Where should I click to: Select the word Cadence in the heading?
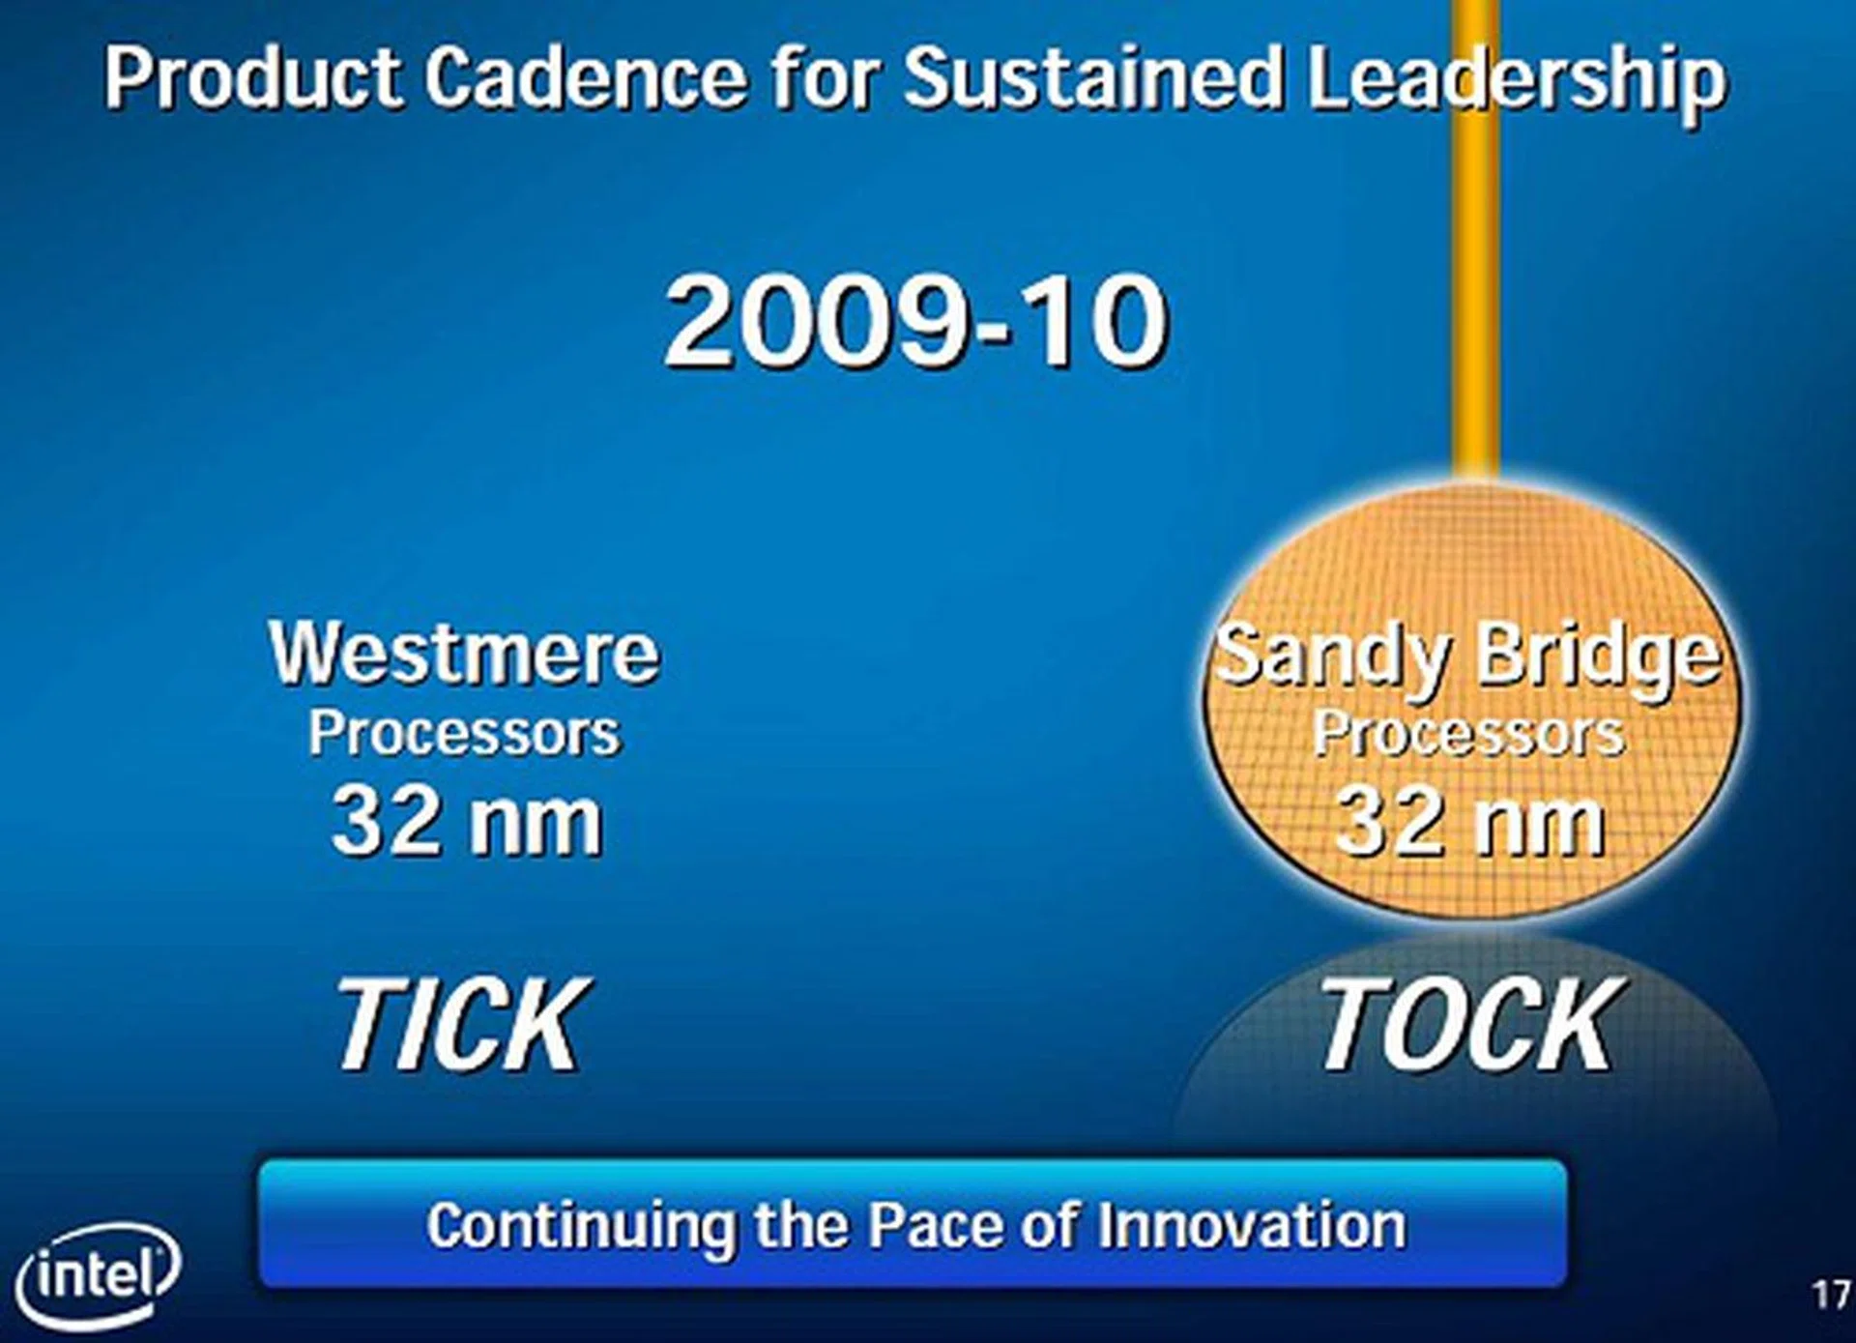(586, 76)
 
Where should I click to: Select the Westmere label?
(464, 653)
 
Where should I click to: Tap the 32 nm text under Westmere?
(467, 822)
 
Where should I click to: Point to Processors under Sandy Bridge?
(1468, 734)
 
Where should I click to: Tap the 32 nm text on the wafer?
(1469, 822)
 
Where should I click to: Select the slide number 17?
(1830, 1295)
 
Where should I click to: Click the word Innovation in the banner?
(1252, 1225)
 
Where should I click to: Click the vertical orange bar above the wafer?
(1476, 237)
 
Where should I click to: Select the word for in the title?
(825, 76)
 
